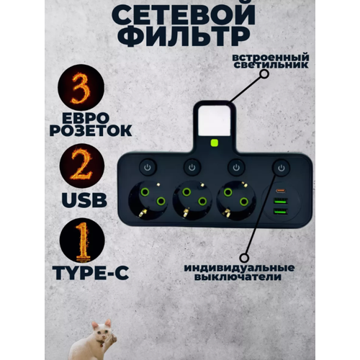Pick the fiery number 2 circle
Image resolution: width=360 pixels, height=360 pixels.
81,168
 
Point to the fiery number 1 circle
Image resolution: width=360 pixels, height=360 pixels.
81,245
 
